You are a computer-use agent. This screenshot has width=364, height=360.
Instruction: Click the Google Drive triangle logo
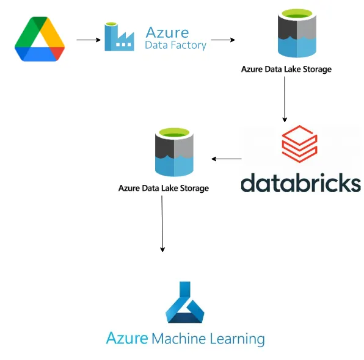(40, 40)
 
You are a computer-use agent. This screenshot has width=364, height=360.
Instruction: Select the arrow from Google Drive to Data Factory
(88, 40)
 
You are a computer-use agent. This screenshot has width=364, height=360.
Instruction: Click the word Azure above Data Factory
(167, 31)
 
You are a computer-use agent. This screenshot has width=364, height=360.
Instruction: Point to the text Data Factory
(175, 45)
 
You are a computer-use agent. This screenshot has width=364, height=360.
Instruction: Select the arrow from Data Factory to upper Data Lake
(223, 40)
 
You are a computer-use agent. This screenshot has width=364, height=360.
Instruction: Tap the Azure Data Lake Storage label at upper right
(286, 70)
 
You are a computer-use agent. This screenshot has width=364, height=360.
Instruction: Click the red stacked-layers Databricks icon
(299, 145)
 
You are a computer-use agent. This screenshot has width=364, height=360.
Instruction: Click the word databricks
(300, 182)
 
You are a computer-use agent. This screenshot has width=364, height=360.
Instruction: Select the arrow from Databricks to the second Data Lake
(227, 159)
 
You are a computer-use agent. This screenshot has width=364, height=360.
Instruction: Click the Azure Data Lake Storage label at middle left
(163, 188)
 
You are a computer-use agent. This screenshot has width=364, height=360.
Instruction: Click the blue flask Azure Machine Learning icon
(184, 303)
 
